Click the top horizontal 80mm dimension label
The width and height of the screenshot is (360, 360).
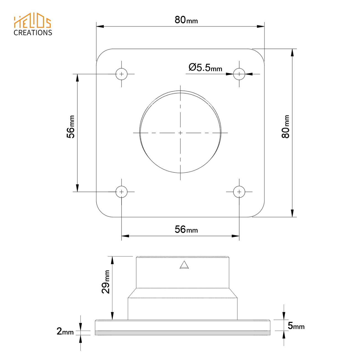pyautogui.click(x=186, y=20)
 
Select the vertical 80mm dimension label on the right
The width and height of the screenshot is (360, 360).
pyautogui.click(x=285, y=127)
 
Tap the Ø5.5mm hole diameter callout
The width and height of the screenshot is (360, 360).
pyautogui.click(x=205, y=68)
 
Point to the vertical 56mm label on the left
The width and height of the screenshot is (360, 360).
pyautogui.click(x=71, y=127)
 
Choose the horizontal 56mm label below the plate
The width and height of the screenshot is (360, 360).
pyautogui.click(x=186, y=230)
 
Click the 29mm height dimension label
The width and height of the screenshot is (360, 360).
pyautogui.click(x=106, y=282)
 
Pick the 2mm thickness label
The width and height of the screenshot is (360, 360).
pyautogui.click(x=65, y=331)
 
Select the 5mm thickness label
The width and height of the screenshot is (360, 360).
pyautogui.click(x=296, y=326)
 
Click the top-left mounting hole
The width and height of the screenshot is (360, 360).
pyautogui.click(x=121, y=74)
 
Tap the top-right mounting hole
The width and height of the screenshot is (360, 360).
pyautogui.click(x=239, y=74)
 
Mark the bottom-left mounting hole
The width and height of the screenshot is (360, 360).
pyautogui.click(x=121, y=192)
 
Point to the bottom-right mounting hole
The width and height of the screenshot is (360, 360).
pyautogui.click(x=239, y=192)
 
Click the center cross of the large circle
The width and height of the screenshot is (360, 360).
pyautogui.click(x=180, y=133)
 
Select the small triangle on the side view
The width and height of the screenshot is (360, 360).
pyautogui.click(x=184, y=265)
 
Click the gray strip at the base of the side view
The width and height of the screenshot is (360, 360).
pyautogui.click(x=182, y=333)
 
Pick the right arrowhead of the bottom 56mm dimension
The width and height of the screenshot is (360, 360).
pyautogui.click(x=236, y=236)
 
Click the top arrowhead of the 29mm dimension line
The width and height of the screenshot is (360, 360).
pyautogui.click(x=112, y=260)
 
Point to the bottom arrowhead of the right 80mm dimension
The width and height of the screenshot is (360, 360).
pyautogui.click(x=292, y=213)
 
